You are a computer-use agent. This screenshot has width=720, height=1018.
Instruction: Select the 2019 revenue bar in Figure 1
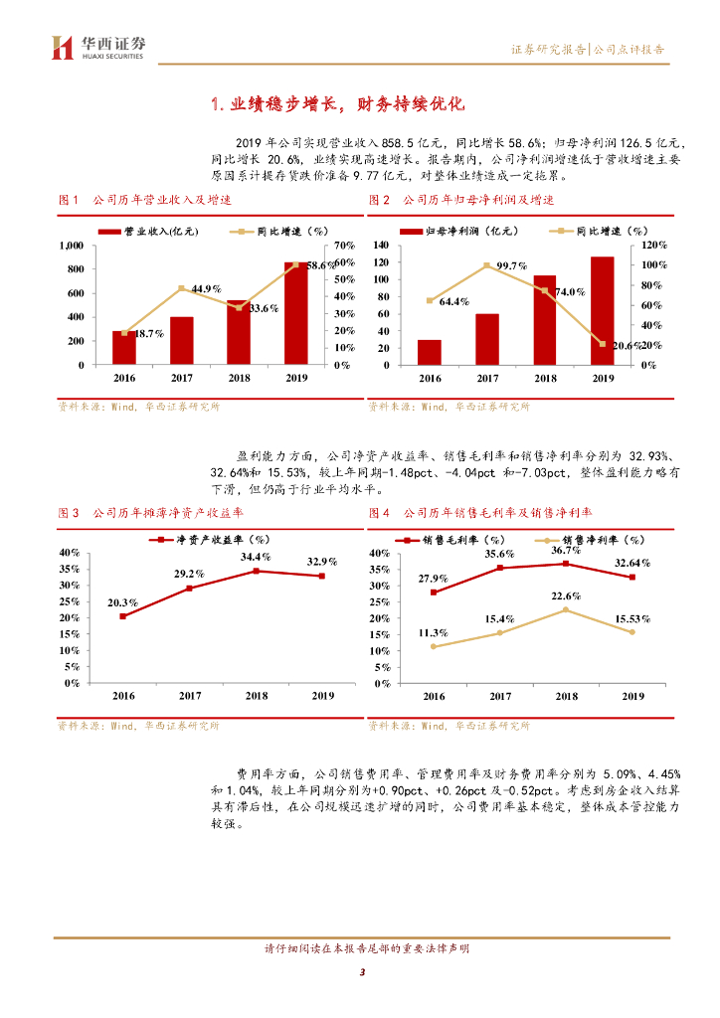click(296, 313)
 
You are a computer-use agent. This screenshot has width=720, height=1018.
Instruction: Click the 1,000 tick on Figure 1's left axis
click(70, 245)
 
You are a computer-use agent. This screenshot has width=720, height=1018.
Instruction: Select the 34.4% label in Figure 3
click(256, 557)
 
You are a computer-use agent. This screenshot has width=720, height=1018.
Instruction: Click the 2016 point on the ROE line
click(123, 616)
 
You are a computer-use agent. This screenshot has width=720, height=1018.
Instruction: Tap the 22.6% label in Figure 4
click(566, 595)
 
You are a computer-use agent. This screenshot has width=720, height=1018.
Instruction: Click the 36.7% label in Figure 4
click(566, 550)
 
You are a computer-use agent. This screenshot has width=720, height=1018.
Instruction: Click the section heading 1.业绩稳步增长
click(339, 104)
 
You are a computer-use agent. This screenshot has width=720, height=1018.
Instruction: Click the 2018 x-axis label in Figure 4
click(566, 696)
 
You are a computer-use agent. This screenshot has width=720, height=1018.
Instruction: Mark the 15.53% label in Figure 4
click(631, 619)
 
